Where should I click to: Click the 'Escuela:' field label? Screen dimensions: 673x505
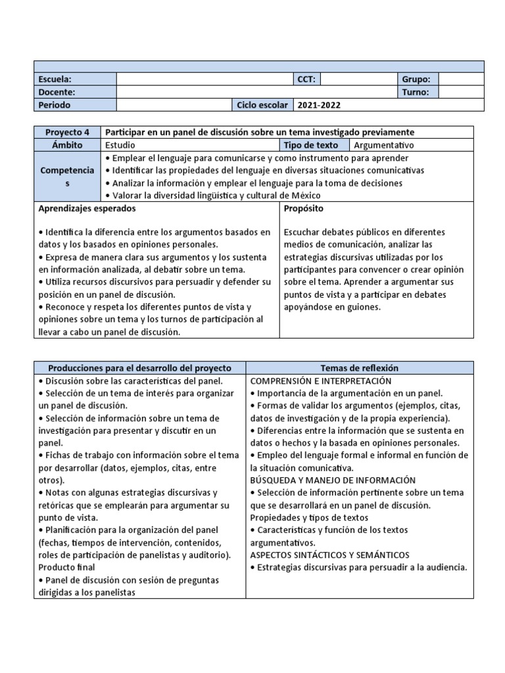pyautogui.click(x=55, y=80)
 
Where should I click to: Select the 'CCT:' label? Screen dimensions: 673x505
pyautogui.click(x=306, y=80)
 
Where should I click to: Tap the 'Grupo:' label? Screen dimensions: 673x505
pyautogui.click(x=416, y=80)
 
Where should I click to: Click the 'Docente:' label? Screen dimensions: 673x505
pyautogui.click(x=57, y=93)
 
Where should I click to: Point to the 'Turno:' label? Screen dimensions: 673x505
pyautogui.click(x=416, y=93)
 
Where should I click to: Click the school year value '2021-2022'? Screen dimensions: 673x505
pyautogui.click(x=320, y=105)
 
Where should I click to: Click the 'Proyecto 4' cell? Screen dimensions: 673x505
pyautogui.click(x=68, y=133)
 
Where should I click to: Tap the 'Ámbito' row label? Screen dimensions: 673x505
pyautogui.click(x=68, y=145)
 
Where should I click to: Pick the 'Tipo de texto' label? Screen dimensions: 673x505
pyautogui.click(x=311, y=145)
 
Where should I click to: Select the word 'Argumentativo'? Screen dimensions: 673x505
pyautogui.click(x=384, y=145)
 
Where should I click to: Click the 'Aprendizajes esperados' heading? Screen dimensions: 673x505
pyautogui.click(x=87, y=208)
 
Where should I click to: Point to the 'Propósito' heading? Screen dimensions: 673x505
pyautogui.click(x=304, y=208)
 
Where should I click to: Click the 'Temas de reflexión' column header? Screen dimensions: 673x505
pyautogui.click(x=359, y=368)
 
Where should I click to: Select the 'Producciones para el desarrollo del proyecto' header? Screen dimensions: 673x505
pyautogui.click(x=139, y=368)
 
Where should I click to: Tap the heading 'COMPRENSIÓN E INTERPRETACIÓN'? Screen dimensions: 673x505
pyautogui.click(x=321, y=381)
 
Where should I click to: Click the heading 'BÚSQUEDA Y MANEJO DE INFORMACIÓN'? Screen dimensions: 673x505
pyautogui.click(x=333, y=480)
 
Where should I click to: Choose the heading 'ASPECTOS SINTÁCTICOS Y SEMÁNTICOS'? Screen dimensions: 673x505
pyautogui.click(x=330, y=555)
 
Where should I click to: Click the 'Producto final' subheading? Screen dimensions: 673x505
pyautogui.click(x=67, y=567)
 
